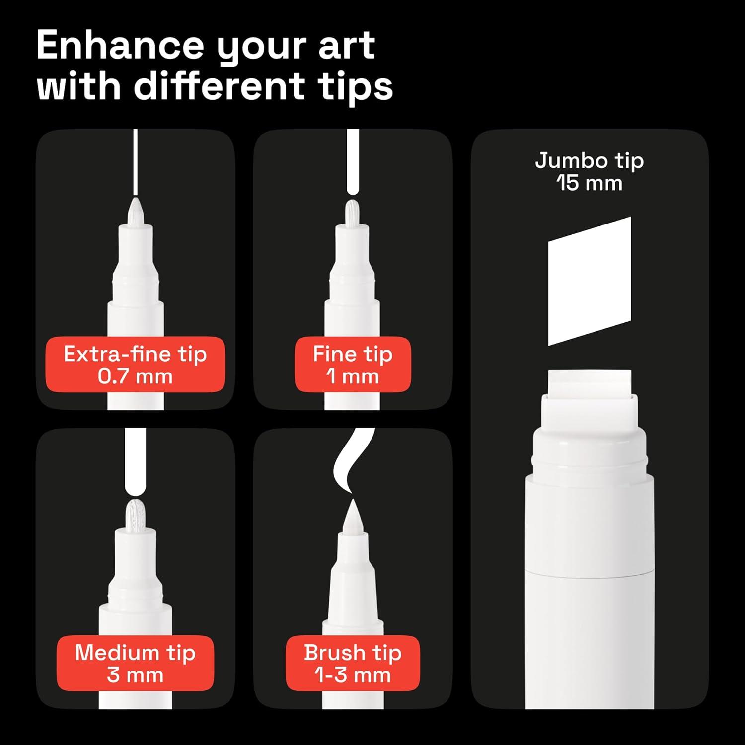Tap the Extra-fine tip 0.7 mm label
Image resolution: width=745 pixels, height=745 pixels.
135,365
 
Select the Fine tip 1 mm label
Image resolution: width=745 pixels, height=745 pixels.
353,365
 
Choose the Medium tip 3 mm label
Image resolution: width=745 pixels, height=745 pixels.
135,664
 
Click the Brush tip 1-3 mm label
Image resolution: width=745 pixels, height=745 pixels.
353,664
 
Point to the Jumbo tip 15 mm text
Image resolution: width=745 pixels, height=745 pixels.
589,172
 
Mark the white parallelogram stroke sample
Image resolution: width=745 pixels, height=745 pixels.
589,281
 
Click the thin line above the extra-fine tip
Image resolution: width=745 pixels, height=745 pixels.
136,161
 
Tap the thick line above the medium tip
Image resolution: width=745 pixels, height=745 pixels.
135,459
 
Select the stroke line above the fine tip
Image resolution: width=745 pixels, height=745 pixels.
352,161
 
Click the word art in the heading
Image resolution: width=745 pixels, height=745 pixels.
347,46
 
